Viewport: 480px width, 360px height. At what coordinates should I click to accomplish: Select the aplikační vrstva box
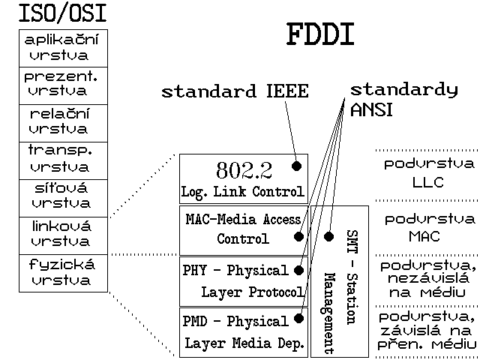click(x=64, y=48)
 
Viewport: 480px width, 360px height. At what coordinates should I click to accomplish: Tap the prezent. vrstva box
click(x=64, y=85)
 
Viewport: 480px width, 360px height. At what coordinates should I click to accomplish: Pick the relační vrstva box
click(x=64, y=122)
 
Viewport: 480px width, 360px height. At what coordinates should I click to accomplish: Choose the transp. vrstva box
click(x=64, y=160)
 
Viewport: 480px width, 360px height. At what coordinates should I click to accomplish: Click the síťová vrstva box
click(x=64, y=197)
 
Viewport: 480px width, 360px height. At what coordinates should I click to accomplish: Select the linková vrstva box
click(x=64, y=235)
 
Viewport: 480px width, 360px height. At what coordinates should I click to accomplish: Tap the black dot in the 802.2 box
click(x=297, y=165)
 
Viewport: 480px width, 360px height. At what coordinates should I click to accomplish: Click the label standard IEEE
click(x=235, y=92)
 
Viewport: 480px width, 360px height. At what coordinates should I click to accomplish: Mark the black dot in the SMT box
click(x=328, y=236)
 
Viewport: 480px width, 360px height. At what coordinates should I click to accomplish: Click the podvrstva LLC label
click(x=428, y=173)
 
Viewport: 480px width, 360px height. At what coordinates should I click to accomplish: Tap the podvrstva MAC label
click(x=428, y=228)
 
